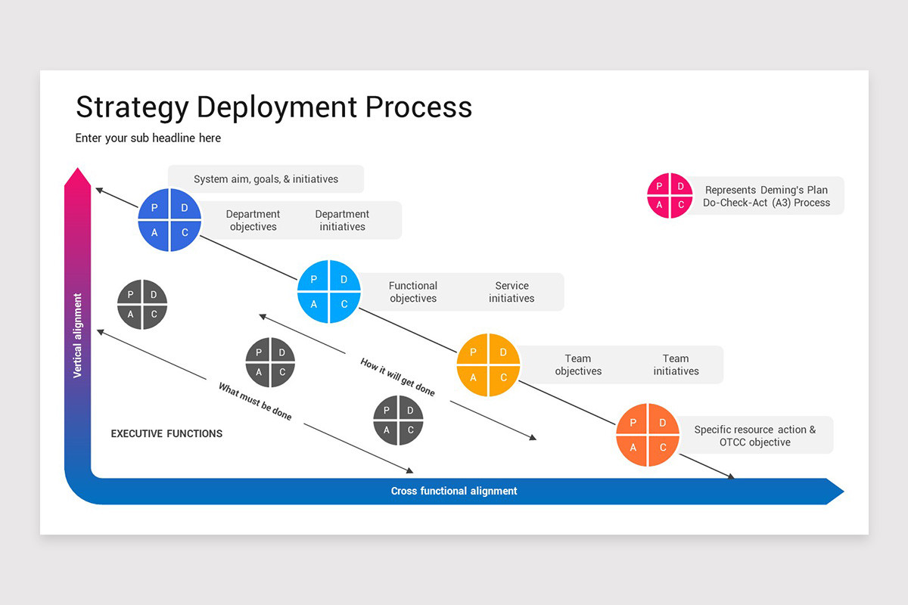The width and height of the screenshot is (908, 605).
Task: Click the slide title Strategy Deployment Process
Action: (274, 107)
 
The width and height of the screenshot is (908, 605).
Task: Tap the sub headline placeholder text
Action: (148, 138)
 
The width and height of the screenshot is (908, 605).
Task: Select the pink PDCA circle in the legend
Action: (670, 195)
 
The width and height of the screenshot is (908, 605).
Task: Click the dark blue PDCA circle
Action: (169, 220)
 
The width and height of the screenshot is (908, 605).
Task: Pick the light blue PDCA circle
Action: (329, 292)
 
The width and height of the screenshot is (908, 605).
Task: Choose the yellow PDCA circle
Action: (489, 365)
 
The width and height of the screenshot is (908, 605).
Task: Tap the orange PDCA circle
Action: (648, 435)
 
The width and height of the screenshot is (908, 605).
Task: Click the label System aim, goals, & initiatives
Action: (266, 179)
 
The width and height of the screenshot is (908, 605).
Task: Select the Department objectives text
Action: (253, 220)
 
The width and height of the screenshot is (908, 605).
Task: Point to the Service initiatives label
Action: (512, 292)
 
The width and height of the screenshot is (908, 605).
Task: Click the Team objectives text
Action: (578, 365)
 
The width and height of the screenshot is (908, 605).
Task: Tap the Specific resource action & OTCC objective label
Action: (755, 436)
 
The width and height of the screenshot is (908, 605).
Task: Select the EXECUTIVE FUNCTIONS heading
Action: (166, 433)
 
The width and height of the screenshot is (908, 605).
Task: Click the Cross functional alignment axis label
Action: (454, 491)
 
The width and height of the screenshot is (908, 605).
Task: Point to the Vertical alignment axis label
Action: (77, 336)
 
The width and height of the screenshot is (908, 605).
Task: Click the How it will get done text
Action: (398, 377)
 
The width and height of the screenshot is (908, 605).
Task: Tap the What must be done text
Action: (255, 402)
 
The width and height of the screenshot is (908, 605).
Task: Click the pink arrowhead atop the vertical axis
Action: (77, 178)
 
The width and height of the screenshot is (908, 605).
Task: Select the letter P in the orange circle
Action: (633, 423)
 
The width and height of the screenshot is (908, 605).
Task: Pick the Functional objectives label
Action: (413, 292)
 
